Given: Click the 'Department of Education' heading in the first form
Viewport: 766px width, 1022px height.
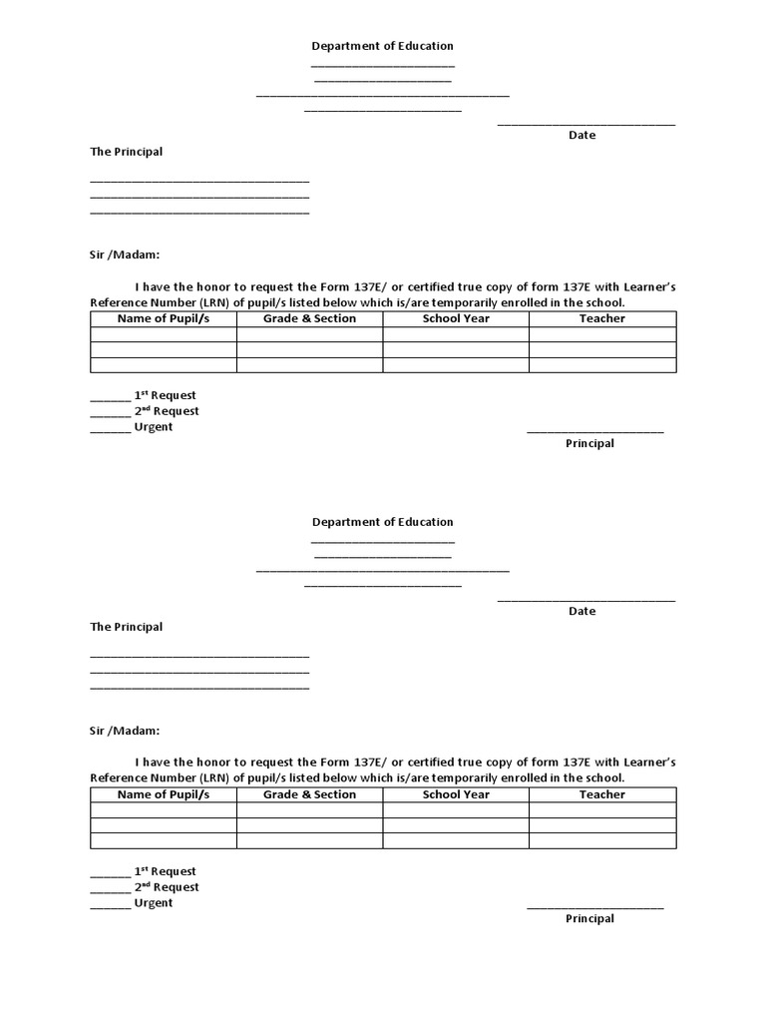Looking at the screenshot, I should (x=382, y=46).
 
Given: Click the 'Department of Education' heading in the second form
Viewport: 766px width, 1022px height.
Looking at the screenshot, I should (x=382, y=522).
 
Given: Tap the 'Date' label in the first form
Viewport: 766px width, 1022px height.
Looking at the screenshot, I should (x=581, y=135).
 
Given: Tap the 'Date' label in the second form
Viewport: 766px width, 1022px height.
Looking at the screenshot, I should (x=581, y=611).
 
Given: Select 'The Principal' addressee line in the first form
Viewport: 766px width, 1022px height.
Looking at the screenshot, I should (x=127, y=152).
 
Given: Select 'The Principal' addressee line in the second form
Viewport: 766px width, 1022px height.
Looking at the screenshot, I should (x=127, y=627).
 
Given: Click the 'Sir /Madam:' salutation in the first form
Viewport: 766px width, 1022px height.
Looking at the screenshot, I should (x=125, y=255).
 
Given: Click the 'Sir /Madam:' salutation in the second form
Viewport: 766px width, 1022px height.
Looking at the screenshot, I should (x=125, y=731).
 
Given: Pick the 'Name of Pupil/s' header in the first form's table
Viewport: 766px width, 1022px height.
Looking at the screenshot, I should (x=164, y=318).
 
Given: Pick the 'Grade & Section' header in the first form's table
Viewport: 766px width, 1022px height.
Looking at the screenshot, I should (x=309, y=318).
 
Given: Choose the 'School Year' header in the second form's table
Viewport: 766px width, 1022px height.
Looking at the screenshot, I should (x=456, y=794).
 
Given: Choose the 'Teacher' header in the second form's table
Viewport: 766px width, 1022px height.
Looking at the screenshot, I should (x=602, y=794).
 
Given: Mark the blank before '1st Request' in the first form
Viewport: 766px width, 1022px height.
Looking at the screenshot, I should (x=110, y=396).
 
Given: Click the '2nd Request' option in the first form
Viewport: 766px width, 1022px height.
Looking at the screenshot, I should (x=167, y=411).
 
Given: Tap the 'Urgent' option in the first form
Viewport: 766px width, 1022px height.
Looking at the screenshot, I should (x=154, y=427).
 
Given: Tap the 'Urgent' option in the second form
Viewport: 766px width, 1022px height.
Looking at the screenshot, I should (x=154, y=903).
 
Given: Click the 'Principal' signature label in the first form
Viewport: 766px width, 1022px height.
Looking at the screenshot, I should (x=589, y=443).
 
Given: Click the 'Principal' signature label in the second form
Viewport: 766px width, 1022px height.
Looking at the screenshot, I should (x=589, y=919).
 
